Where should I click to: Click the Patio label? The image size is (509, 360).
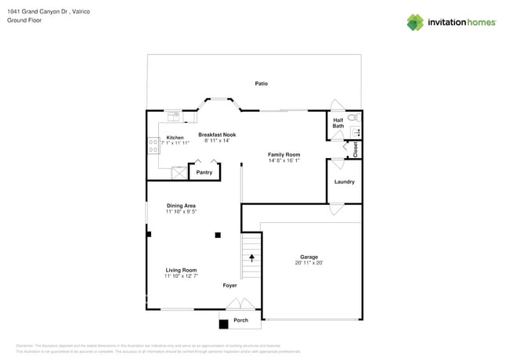(262, 83)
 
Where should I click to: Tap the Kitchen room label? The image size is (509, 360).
(175, 138)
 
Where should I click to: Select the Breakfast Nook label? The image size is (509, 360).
(217, 135)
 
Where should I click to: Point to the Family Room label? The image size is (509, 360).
(283, 155)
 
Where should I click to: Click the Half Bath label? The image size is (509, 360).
(338, 123)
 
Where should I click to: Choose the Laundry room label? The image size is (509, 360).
(345, 182)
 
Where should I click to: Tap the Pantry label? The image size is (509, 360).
(204, 172)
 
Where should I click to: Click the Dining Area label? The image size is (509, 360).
(181, 206)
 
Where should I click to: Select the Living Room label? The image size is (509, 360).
(181, 270)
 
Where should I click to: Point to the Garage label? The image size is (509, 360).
(309, 257)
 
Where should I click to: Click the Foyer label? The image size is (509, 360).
(229, 286)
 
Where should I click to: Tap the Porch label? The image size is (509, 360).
(241, 320)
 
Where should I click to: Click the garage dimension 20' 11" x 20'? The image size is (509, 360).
(309, 263)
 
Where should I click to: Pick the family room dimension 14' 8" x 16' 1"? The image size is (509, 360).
(283, 160)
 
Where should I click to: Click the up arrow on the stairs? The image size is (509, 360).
(251, 257)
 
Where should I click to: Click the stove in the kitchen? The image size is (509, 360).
(153, 145)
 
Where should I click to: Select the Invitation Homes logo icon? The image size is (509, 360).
(415, 23)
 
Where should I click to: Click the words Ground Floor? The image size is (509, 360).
(23, 20)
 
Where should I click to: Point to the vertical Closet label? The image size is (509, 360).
(356, 149)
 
